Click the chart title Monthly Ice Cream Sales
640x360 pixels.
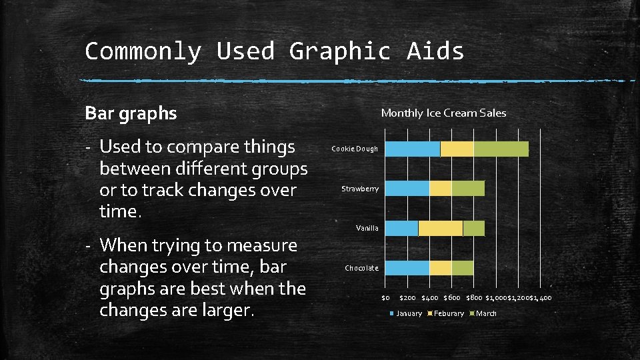[x=443, y=113]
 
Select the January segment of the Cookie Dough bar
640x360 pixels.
[x=413, y=149]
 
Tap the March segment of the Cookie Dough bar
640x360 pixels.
[x=501, y=149]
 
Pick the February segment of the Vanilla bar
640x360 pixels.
[x=440, y=228]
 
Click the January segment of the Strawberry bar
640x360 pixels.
[x=407, y=189]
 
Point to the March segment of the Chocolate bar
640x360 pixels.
[x=462, y=268]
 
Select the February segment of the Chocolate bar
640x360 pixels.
[x=440, y=268]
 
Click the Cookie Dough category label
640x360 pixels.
[x=355, y=149]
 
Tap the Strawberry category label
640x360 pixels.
[x=360, y=189]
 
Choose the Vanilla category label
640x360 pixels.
[x=367, y=229]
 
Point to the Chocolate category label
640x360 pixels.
[x=361, y=269]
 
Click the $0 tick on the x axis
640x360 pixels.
[x=385, y=297]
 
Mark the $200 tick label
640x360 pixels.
[x=407, y=297]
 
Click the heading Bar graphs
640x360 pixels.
[x=131, y=114]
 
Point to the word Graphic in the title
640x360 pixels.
[x=339, y=51]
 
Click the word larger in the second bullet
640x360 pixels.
[x=222, y=311]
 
